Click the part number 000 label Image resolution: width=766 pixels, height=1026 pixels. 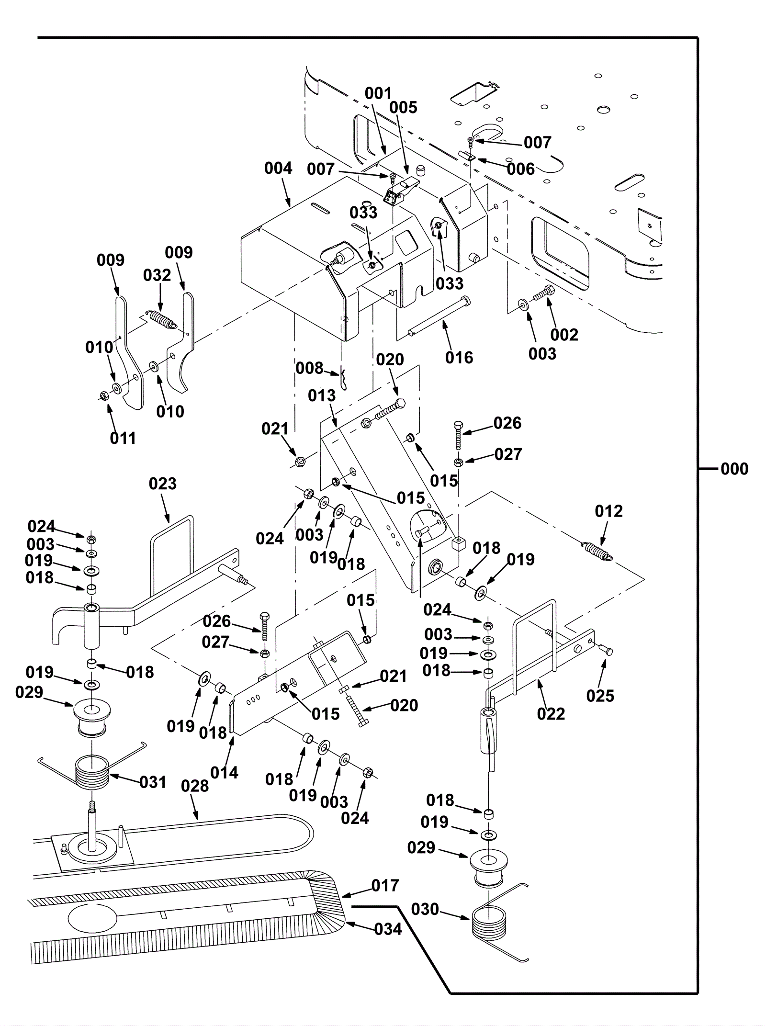(734, 469)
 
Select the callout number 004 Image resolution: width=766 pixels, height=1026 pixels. (278, 169)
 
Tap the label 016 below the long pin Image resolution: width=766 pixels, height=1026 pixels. (459, 358)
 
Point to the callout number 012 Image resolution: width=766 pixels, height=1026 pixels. (609, 511)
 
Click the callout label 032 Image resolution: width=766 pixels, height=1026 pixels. (157, 275)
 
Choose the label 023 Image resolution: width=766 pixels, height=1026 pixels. (163, 484)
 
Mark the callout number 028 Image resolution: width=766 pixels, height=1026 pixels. (195, 786)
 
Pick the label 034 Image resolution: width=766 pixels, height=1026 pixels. (388, 929)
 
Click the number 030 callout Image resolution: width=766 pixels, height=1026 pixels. (425, 909)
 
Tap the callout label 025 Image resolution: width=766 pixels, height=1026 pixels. (600, 696)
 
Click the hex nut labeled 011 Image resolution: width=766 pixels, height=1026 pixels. (103, 395)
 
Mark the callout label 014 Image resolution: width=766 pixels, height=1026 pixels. (224, 773)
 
